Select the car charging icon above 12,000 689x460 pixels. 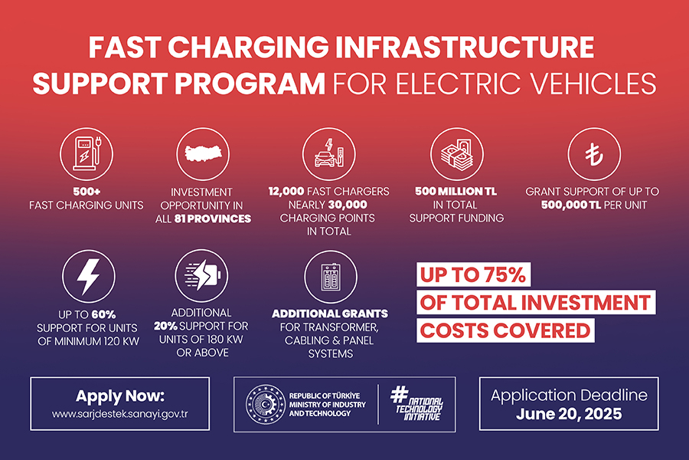328,153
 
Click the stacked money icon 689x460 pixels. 456,153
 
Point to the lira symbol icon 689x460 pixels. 593,153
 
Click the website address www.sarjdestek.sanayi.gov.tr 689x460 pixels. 120,414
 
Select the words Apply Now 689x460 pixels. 120,396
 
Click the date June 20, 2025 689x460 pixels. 569,413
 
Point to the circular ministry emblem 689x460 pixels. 264,403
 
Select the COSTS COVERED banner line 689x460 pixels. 506,330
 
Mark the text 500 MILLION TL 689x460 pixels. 456,191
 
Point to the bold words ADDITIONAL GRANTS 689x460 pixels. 330,314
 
